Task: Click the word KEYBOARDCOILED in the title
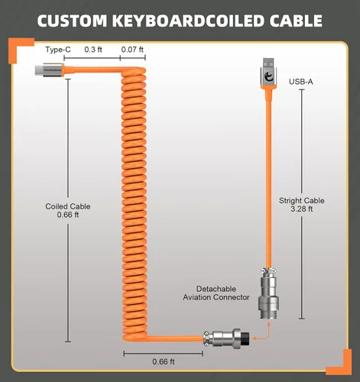pyautogui.click(x=188, y=21)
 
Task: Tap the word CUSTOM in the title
pyautogui.click(x=72, y=21)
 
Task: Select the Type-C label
pyautogui.click(x=58, y=50)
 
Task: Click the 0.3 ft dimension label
pyautogui.click(x=93, y=50)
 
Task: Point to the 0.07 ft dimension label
pyautogui.click(x=132, y=50)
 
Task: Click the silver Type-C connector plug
pyautogui.click(x=49, y=70)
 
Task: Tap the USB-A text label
pyautogui.click(x=301, y=82)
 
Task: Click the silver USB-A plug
pyautogui.click(x=268, y=73)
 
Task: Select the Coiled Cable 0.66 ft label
pyautogui.click(x=68, y=211)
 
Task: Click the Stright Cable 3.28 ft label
pyautogui.click(x=302, y=205)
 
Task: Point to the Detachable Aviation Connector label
pyautogui.click(x=216, y=293)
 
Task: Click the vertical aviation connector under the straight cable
pyautogui.click(x=269, y=293)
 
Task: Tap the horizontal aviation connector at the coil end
pyautogui.click(x=226, y=338)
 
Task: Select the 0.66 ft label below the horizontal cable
pyautogui.click(x=164, y=361)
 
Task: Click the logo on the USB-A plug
pyautogui.click(x=268, y=76)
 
